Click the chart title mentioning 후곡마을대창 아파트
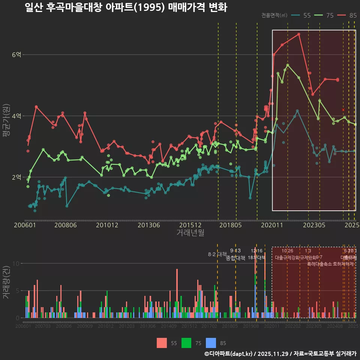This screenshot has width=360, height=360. point(126,7)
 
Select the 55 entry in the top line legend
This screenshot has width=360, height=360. point(307,15)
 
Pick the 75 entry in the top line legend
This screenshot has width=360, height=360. point(330,15)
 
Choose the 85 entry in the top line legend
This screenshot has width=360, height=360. point(352,15)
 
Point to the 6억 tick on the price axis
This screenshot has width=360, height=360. point(16,55)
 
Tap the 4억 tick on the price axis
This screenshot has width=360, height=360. point(16,116)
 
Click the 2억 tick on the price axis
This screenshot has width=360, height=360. point(16,177)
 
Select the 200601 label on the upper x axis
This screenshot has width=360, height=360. point(25,225)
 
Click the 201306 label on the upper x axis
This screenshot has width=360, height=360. point(149,225)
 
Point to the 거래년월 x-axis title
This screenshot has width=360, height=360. point(190,233)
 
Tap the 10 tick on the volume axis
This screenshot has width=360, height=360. point(16,263)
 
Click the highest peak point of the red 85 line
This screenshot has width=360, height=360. point(299,34)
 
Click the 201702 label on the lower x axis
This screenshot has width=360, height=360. point(209,326)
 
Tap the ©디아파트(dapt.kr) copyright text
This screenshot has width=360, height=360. point(229,354)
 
